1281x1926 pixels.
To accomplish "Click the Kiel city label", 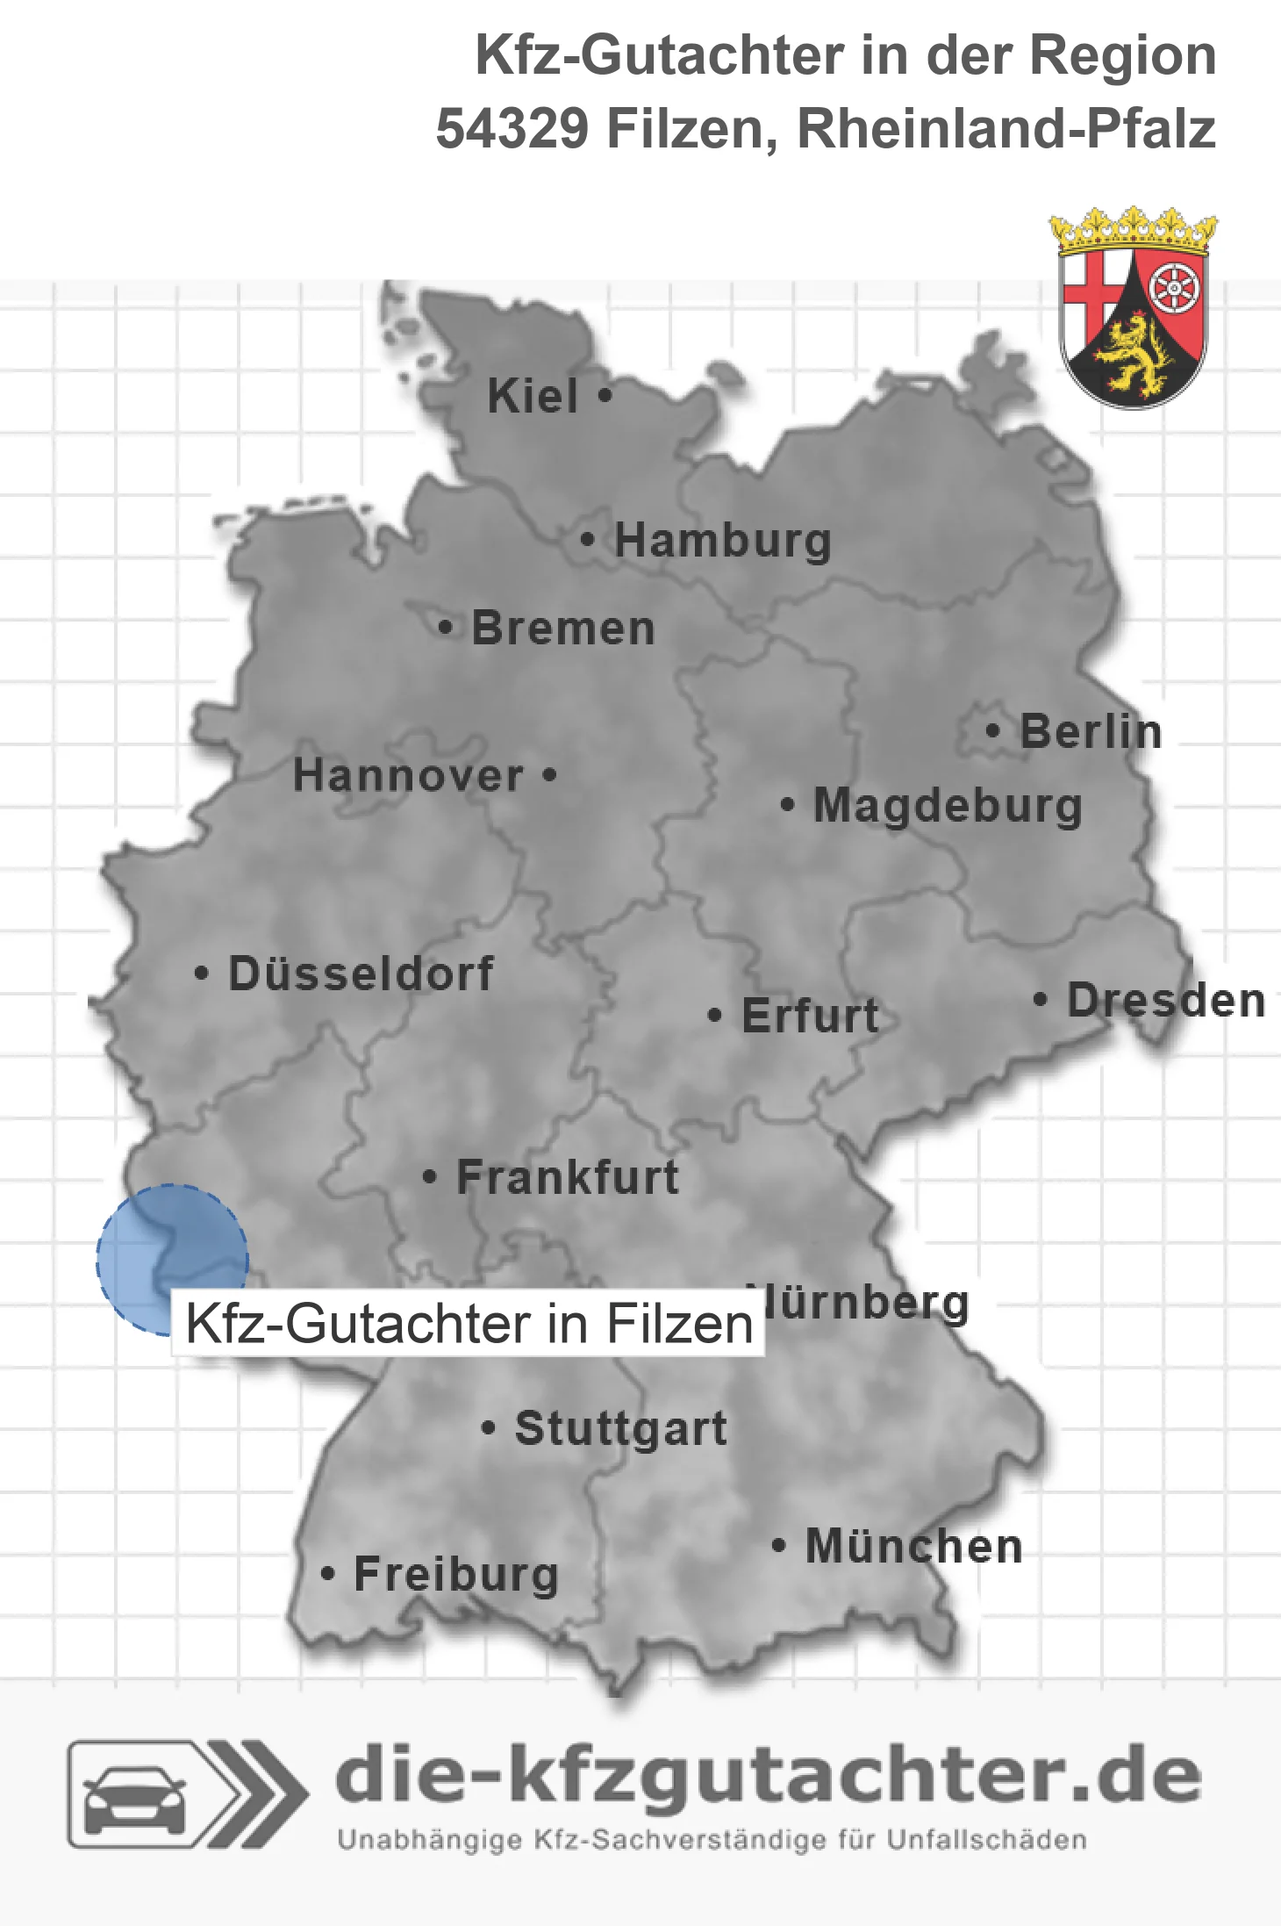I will coord(533,396).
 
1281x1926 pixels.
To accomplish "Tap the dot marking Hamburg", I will coord(587,540).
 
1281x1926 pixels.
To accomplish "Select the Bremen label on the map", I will coord(563,629).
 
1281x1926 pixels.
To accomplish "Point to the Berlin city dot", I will coord(992,730).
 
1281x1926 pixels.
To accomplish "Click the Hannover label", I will coord(408,776).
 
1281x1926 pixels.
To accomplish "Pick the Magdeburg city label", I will coord(948,806).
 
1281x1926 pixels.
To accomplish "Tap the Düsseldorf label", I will coord(361,974).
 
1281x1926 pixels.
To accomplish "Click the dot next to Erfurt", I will coord(714,1016).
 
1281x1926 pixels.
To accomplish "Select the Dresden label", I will coord(1166,1001).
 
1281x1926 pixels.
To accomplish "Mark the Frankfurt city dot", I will coord(429,1177).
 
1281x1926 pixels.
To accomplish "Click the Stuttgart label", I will coord(620,1428).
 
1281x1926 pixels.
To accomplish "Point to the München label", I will coord(913,1546).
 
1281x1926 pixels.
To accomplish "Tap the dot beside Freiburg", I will coord(327,1574).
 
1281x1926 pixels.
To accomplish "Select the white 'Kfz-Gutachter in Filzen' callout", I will coord(469,1324).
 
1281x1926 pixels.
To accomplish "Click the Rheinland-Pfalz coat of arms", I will coord(1133,325).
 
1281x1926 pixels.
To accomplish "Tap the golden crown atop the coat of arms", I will coord(1133,229).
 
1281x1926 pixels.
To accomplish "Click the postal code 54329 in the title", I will coord(512,129).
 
